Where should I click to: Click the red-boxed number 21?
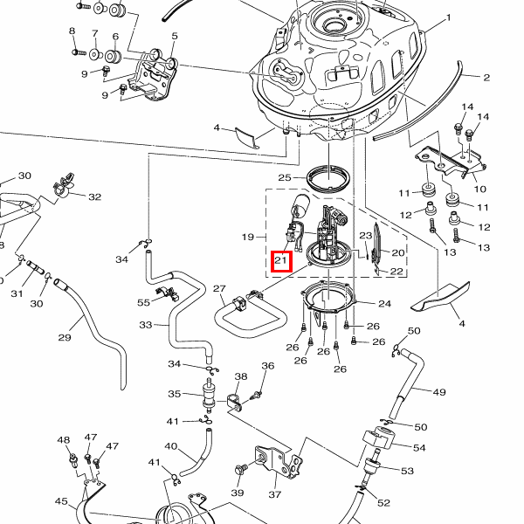point(281,260)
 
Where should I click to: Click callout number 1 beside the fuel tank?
point(448,17)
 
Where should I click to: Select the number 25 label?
point(285,178)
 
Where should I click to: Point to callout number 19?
point(247,237)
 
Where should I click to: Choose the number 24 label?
point(385,304)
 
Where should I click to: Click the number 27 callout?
point(219,288)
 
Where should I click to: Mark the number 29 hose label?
point(64,337)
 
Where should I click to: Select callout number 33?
point(147,325)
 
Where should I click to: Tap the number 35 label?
point(175,394)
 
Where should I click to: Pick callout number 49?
point(439,391)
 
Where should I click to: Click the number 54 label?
point(419,447)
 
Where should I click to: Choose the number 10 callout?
point(479,189)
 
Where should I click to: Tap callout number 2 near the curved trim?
point(486,78)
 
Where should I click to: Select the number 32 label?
point(94,197)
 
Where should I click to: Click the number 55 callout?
point(144,302)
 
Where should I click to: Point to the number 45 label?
point(61,501)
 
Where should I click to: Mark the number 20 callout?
point(397,252)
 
